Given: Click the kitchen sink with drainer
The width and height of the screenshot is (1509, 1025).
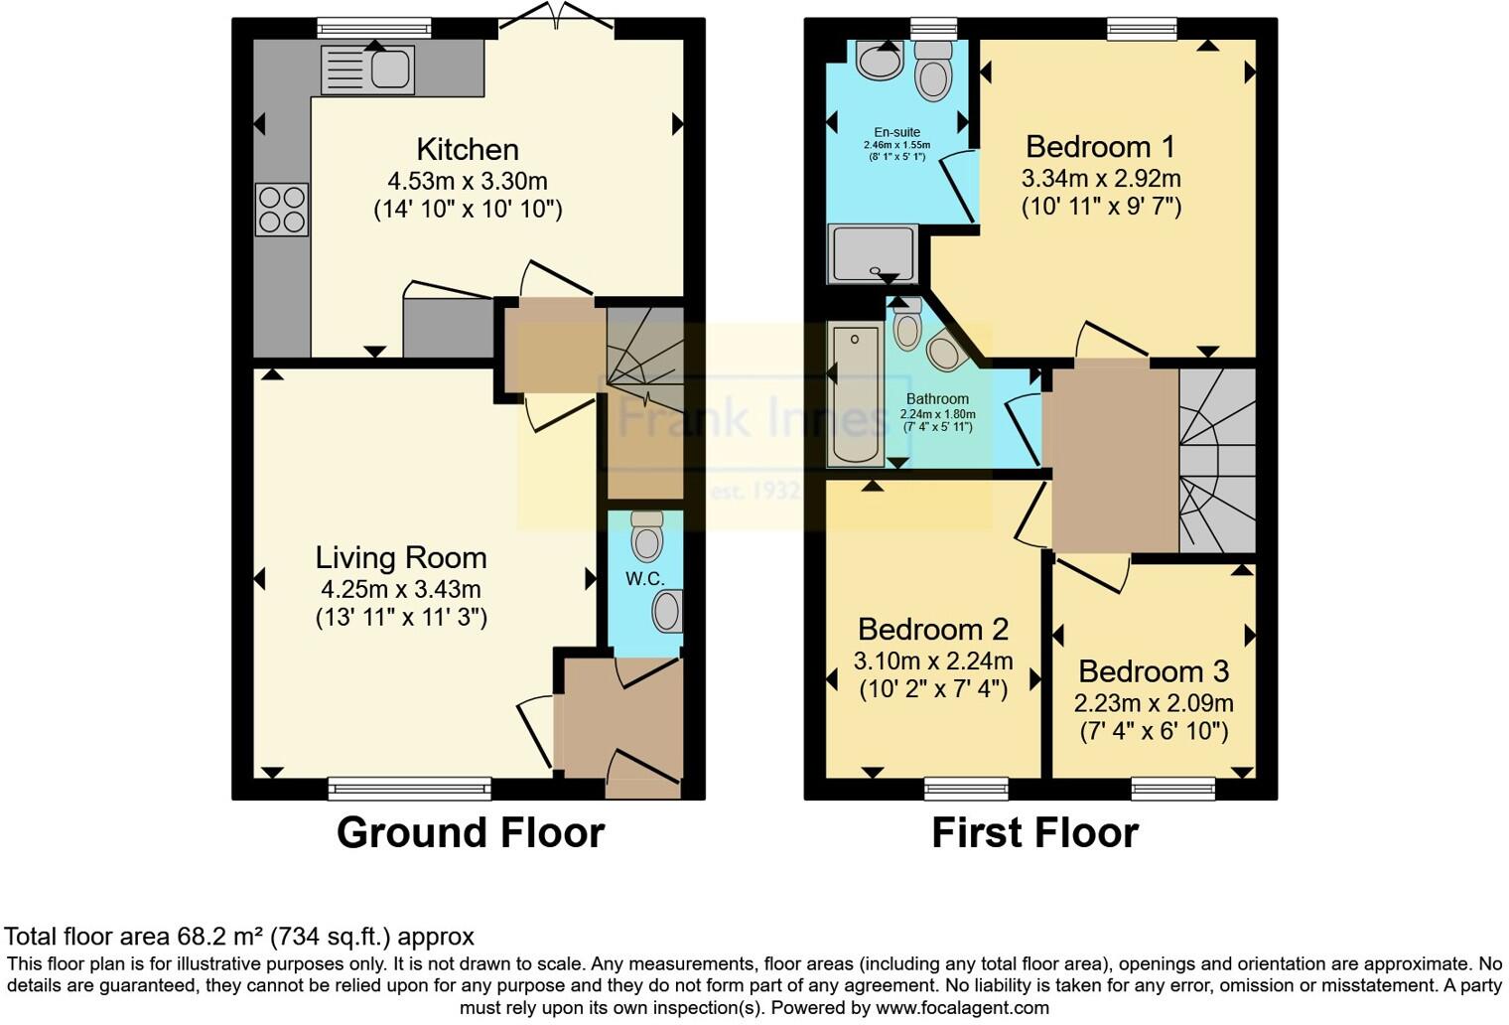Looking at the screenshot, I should click(367, 70).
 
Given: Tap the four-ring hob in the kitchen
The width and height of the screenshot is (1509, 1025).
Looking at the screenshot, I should click(282, 210).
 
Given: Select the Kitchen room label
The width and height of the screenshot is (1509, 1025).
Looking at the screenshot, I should click(468, 150).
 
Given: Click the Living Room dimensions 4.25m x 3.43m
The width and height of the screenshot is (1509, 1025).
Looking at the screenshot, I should click(401, 589).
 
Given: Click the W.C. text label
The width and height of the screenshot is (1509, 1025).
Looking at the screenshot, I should click(644, 579).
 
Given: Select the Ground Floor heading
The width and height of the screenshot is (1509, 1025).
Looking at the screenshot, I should click(471, 832).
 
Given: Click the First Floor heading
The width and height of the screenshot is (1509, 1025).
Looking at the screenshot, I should click(1034, 832).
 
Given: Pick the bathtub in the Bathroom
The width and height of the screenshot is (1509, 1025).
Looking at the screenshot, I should click(855, 396).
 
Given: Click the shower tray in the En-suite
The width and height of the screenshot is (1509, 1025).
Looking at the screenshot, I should click(872, 252).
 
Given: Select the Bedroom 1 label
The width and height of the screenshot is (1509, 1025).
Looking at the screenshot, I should click(1100, 147).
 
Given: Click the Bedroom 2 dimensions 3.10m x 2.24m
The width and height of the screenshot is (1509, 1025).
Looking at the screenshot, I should click(933, 660).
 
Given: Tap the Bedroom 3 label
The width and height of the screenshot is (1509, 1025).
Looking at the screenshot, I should click(1154, 671).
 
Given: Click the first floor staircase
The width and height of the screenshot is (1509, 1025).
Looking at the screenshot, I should click(1217, 460).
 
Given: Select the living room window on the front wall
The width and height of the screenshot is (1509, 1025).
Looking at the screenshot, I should click(410, 789).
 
